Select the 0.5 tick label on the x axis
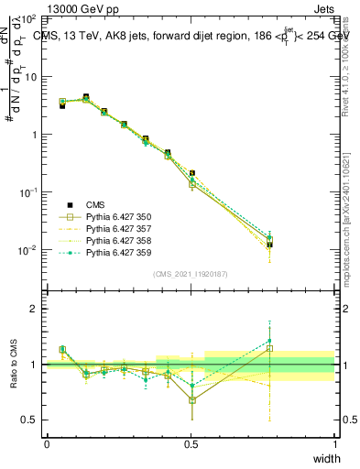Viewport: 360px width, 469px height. click(x=191, y=443)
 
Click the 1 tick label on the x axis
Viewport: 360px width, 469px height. click(x=334, y=443)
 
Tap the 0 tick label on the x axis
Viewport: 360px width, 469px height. click(x=47, y=443)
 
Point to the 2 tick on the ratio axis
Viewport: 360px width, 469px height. click(x=36, y=309)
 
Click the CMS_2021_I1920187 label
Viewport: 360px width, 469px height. click(x=191, y=273)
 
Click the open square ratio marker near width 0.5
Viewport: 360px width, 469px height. click(x=191, y=400)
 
